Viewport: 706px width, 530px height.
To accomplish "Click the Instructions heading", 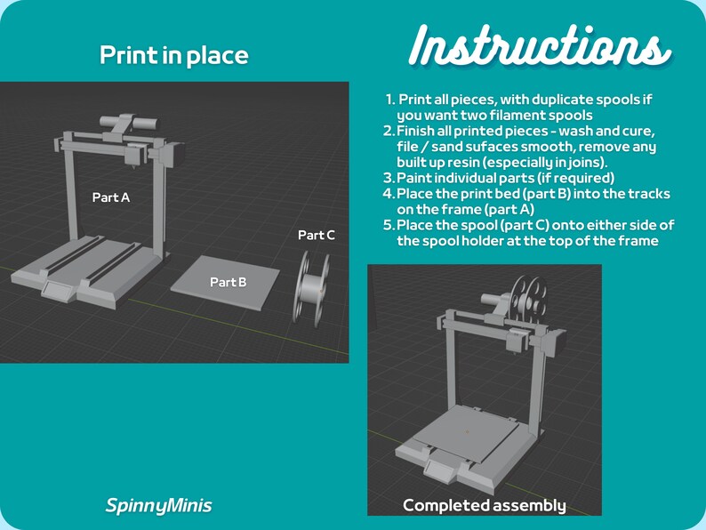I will point(540,44).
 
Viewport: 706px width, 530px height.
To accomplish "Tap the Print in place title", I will point(173,56).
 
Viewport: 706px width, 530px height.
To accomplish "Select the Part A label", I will point(111,197).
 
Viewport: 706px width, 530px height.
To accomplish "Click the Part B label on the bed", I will point(229,282).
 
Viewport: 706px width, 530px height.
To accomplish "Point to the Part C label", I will point(317,236).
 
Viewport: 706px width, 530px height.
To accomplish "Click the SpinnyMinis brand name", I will point(158,506).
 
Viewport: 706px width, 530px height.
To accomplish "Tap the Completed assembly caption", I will point(484,505).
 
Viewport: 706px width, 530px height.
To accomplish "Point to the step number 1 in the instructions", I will point(390,100).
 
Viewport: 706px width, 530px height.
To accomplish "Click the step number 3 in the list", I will point(389,178).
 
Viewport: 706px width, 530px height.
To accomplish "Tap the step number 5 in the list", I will point(389,226).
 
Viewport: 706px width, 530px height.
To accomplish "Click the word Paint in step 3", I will point(414,178).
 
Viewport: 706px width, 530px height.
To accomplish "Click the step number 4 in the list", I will point(389,194).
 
